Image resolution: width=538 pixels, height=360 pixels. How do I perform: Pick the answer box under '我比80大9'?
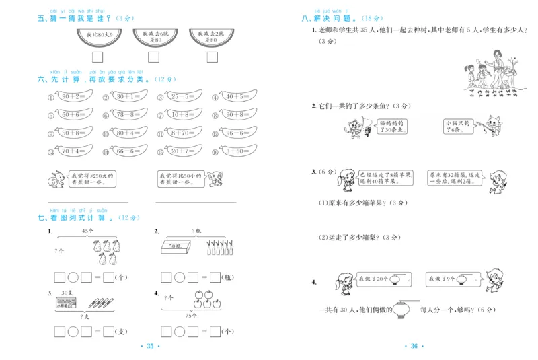pos(98,58)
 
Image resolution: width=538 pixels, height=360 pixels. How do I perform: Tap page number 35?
pos(150,346)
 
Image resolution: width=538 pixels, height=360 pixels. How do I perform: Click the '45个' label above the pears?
pos(87,231)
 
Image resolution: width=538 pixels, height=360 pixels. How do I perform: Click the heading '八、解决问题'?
pos(326,19)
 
